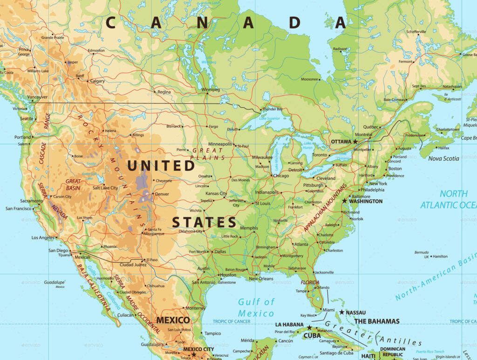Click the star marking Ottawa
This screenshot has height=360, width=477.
pyautogui.click(x=355, y=141)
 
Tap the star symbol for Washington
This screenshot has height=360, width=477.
pyautogui.click(x=345, y=201)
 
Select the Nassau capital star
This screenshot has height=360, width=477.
pyautogui.click(x=342, y=312)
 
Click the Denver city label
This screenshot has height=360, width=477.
pyautogui.click(x=162, y=194)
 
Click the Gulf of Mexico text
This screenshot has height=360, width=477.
pyautogui.click(x=256, y=307)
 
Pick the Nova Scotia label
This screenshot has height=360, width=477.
pyautogui.click(x=443, y=158)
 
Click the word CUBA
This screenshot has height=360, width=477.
pyautogui.click(x=312, y=335)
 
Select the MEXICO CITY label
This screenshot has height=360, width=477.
pyautogui.click(x=198, y=349)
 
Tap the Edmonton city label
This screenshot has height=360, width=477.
pyautogui.click(x=96, y=50)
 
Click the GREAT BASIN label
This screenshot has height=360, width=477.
pyautogui.click(x=73, y=184)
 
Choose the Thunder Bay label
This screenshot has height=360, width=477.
pyautogui.click(x=273, y=109)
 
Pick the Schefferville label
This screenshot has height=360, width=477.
pyautogui.click(x=416, y=32)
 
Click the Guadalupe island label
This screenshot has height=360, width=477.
pyautogui.click(x=55, y=282)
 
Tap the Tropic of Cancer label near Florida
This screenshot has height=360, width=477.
pyautogui.click(x=232, y=321)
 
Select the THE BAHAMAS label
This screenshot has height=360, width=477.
pyautogui.click(x=377, y=321)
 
